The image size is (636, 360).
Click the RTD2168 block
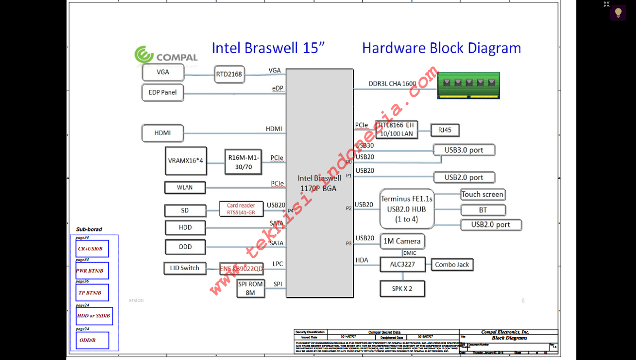pyautogui.click(x=229, y=74)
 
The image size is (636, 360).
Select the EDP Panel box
pyautogui.click(x=162, y=92)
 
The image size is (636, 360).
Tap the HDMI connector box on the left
pyautogui.click(x=162, y=133)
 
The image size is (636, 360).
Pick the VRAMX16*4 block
pyautogui.click(x=185, y=160)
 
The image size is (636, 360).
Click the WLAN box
pyautogui.click(x=185, y=188)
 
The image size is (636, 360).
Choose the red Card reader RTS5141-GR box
pyautogui.click(x=241, y=209)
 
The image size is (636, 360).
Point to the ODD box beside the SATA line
pyautogui.click(x=185, y=247)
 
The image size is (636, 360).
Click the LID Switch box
pyautogui.click(x=184, y=268)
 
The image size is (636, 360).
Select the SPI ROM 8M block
pyautogui.click(x=250, y=288)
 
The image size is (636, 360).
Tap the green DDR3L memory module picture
pyautogui.click(x=468, y=85)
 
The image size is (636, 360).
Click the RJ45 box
pyautogui.click(x=445, y=131)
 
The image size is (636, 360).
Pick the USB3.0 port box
pyautogui.click(x=464, y=150)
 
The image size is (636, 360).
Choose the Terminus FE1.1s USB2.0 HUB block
pyautogui.click(x=406, y=209)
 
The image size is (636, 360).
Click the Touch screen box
pyautogui.click(x=482, y=195)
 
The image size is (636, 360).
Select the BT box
pyautogui.click(x=482, y=210)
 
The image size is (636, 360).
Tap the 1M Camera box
pyautogui.click(x=402, y=241)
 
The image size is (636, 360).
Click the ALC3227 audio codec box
pyautogui.click(x=402, y=265)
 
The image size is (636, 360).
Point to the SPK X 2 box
pyautogui.click(x=402, y=288)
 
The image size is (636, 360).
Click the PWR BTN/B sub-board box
pyautogui.click(x=92, y=271)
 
